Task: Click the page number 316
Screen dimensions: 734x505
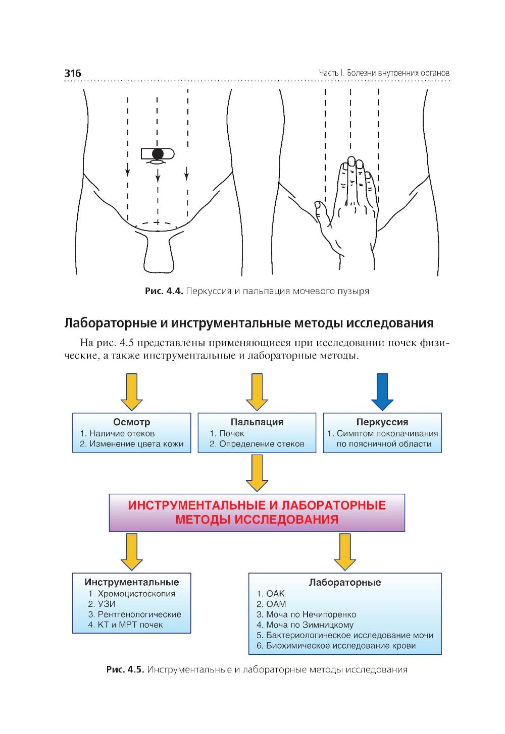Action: tap(73, 73)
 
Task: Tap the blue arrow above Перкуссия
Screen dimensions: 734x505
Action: tap(382, 391)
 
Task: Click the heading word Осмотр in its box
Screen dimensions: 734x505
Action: tap(131, 422)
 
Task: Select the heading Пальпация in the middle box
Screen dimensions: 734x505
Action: tap(257, 422)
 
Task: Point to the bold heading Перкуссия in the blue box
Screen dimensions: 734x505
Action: tap(382, 422)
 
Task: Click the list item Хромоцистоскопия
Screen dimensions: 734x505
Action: tap(136, 594)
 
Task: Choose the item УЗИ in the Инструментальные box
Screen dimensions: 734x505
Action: tap(107, 604)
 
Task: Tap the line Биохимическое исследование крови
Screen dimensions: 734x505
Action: tap(341, 646)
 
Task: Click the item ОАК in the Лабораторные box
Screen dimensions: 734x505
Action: tap(275, 594)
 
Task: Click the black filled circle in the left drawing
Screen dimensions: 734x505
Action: tap(158, 153)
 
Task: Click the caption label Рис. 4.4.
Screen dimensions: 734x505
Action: tap(164, 291)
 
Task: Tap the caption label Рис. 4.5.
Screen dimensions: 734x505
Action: tap(125, 670)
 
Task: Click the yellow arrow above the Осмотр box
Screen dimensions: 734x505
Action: tap(132, 391)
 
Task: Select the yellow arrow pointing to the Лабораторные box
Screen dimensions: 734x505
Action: tap(345, 551)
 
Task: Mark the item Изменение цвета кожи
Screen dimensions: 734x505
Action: tap(136, 444)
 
